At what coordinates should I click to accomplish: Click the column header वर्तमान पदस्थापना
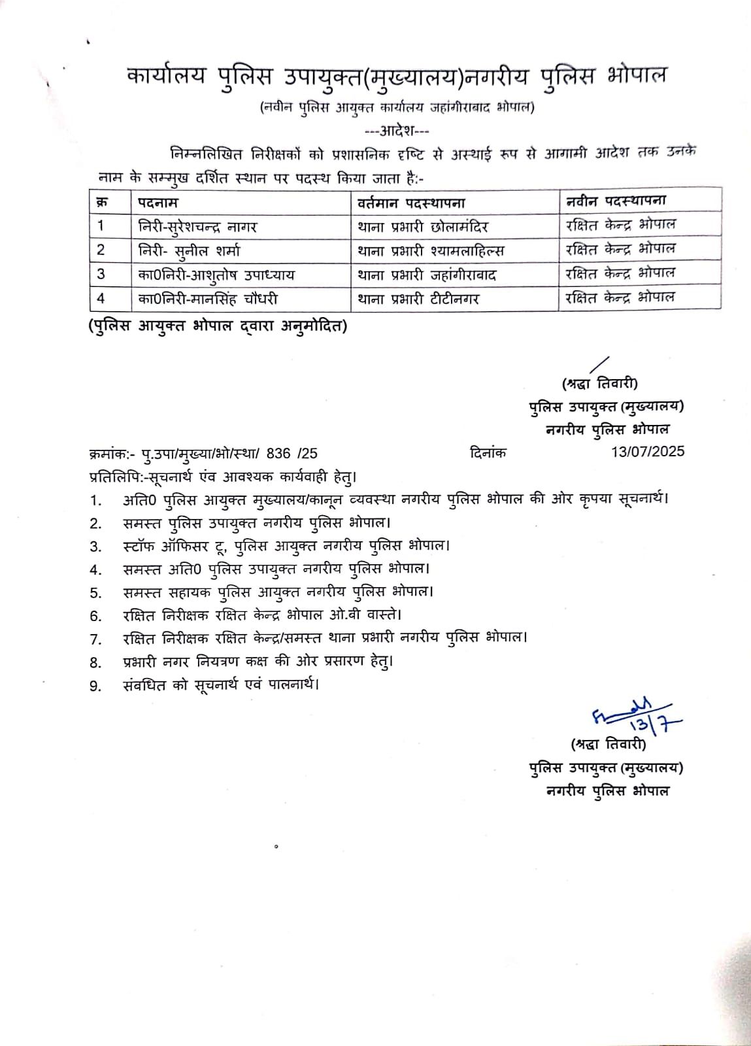pos(411,202)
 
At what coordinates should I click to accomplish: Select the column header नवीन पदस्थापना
pos(616,201)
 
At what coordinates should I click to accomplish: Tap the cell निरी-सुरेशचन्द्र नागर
pos(198,226)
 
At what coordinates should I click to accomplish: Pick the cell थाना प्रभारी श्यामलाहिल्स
pos(431,250)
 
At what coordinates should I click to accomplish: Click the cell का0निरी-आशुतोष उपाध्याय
pos(216,275)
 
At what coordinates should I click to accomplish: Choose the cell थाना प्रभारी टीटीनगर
pos(418,299)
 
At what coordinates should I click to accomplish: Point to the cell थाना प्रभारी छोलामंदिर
pos(423,226)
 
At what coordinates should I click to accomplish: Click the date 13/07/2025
pos(646,452)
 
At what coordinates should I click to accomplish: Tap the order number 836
pos(279,452)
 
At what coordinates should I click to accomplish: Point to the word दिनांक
pos(488,452)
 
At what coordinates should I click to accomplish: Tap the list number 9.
pos(96,686)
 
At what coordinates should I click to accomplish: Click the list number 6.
pos(96,615)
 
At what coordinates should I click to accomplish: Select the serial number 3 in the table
pos(101,275)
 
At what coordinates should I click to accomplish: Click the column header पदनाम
pos(158,202)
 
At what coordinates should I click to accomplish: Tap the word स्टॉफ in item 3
pos(138,545)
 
